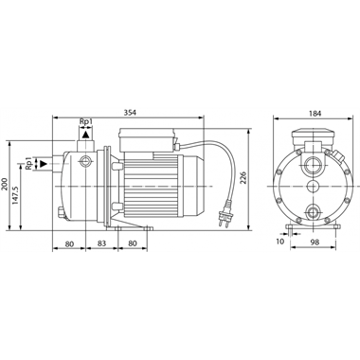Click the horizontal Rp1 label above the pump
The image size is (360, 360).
86,122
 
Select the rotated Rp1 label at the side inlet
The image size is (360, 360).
30,165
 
